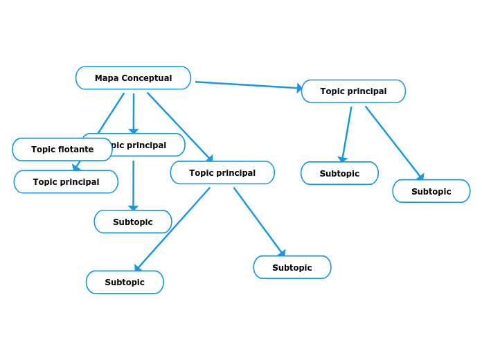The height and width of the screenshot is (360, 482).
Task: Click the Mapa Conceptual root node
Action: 133,78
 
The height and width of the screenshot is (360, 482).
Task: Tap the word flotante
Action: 76,150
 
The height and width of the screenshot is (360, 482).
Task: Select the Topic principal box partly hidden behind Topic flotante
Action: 149,145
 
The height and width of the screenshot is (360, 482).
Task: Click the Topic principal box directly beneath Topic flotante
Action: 66,182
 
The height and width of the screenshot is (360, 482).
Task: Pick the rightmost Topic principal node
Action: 353,91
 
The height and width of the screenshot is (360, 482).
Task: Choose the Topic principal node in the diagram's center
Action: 222,173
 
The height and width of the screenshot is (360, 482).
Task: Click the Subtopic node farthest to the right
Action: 431,192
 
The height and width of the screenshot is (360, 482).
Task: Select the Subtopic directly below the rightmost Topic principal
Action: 339,174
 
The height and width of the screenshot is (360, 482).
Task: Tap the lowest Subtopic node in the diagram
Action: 125,282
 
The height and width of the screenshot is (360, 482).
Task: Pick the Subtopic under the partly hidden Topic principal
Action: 133,222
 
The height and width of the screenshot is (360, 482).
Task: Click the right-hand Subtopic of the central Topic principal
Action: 292,268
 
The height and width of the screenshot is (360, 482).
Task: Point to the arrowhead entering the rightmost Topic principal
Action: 300,89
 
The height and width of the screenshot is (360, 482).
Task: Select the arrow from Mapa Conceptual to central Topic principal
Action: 179,126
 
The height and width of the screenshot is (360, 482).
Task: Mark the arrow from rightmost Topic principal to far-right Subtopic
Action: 393,142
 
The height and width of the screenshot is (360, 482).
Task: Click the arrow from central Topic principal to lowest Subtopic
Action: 173,228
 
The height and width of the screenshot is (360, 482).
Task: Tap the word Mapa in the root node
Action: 107,78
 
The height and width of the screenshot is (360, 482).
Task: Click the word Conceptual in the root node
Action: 147,78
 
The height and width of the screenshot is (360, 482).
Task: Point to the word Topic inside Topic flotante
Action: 43,150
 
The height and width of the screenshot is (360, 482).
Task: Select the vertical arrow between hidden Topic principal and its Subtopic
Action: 133,184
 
